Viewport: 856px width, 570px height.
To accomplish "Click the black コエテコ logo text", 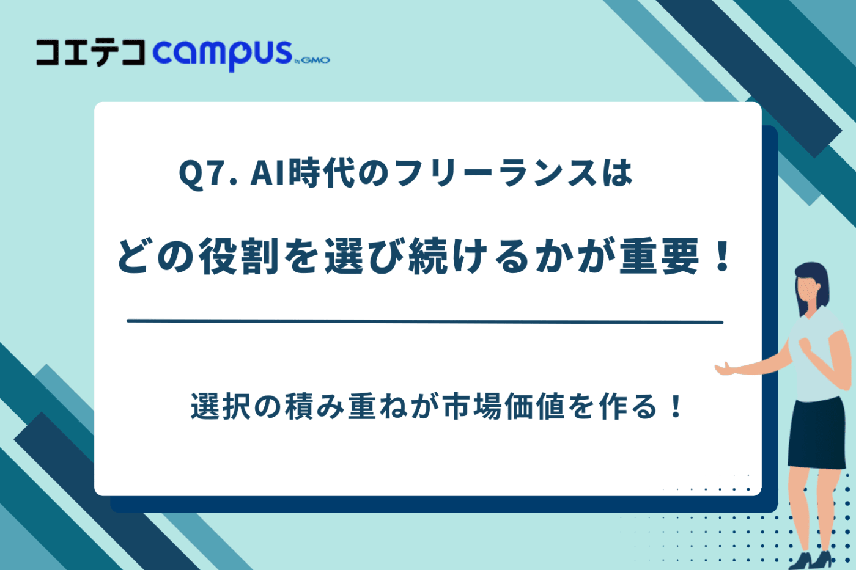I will pos(90,53).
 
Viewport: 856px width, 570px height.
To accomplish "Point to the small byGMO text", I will pos(312,60).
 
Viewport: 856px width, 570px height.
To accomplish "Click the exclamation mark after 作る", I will pos(675,407).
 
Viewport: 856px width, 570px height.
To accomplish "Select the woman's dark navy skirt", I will pos(817,434).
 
